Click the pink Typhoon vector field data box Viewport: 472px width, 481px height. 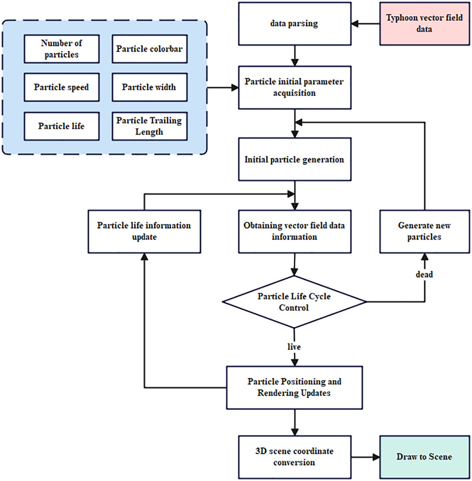(424, 24)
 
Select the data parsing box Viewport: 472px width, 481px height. (294, 24)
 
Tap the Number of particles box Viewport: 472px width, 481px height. (62, 49)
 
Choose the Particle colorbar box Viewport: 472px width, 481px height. (150, 49)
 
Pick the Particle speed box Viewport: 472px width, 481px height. (62, 87)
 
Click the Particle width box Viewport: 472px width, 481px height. (150, 87)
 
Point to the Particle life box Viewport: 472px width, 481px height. (62, 126)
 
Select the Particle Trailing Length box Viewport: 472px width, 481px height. (150, 126)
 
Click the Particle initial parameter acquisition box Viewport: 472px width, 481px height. (294, 88)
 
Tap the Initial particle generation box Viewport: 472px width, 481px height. (294, 159)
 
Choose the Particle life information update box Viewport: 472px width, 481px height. (144, 231)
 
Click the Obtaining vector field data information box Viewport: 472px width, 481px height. (294, 231)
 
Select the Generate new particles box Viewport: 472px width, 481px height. (424, 231)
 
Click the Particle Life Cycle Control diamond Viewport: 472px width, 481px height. (294, 302)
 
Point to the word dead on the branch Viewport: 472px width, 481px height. (424, 275)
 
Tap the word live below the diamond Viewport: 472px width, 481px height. (294, 347)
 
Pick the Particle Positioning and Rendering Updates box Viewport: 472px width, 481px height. (294, 388)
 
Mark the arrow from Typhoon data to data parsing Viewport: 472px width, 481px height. (365, 24)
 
